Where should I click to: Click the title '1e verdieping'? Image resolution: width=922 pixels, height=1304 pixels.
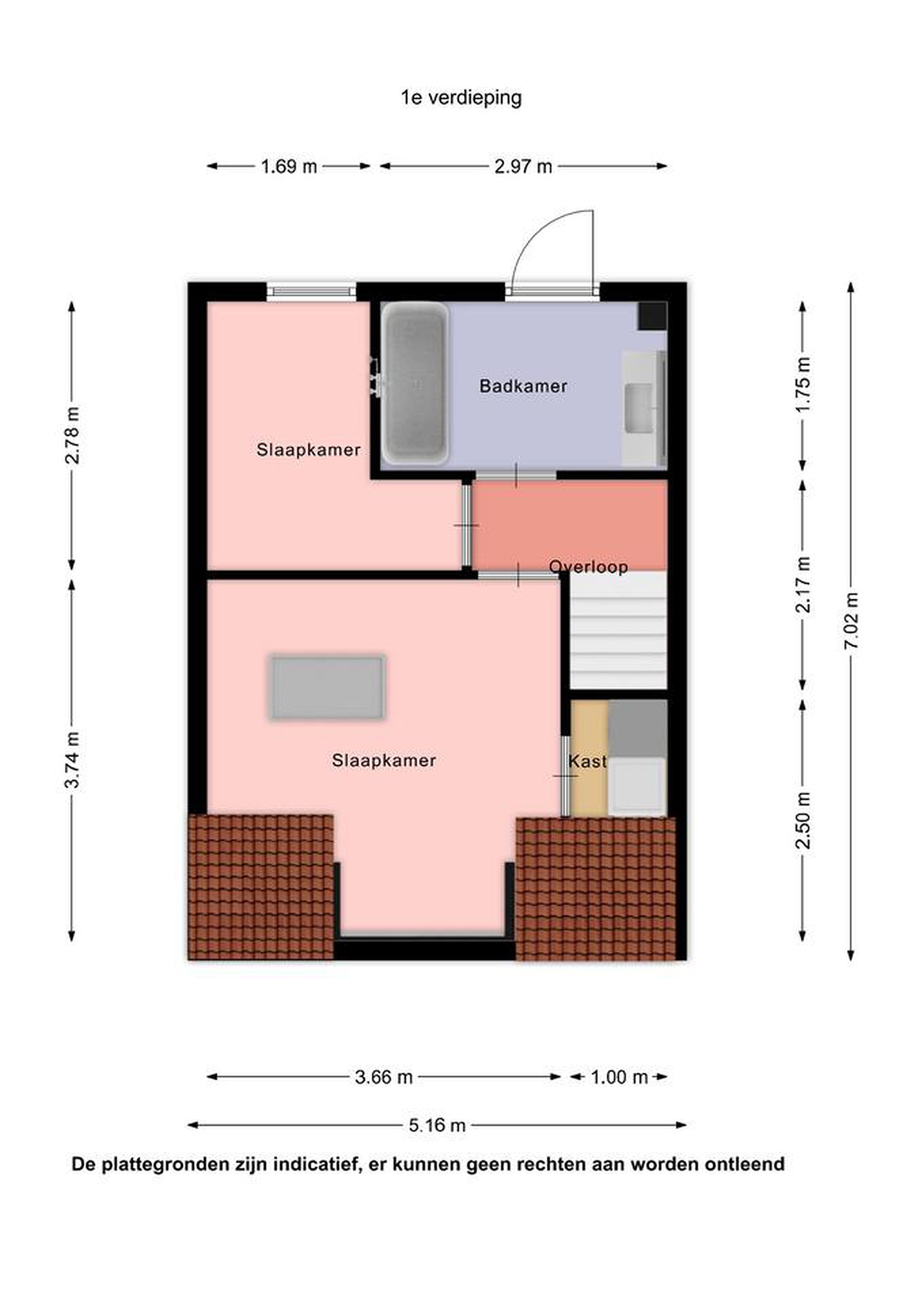tap(461, 98)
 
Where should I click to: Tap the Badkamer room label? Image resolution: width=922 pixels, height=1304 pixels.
tap(523, 386)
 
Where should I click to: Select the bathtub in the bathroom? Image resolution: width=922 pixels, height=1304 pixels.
tap(415, 384)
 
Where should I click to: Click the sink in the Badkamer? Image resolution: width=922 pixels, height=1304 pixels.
tap(640, 408)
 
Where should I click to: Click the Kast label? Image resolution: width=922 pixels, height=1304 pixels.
tap(588, 761)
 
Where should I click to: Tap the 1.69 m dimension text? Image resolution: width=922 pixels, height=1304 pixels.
tap(288, 167)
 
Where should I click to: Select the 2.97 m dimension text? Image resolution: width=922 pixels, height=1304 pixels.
tap(523, 167)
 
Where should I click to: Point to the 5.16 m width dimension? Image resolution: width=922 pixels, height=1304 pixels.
tap(437, 1125)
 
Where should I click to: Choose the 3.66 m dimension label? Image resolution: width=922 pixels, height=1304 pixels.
tap(384, 1077)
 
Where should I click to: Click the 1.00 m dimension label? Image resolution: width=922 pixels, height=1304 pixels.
tap(619, 1077)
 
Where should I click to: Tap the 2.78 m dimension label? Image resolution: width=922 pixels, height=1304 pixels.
tap(72, 435)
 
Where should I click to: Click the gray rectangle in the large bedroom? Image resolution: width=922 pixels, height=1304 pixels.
tap(328, 687)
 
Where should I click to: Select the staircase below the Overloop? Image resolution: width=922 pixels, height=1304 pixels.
tap(618, 630)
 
